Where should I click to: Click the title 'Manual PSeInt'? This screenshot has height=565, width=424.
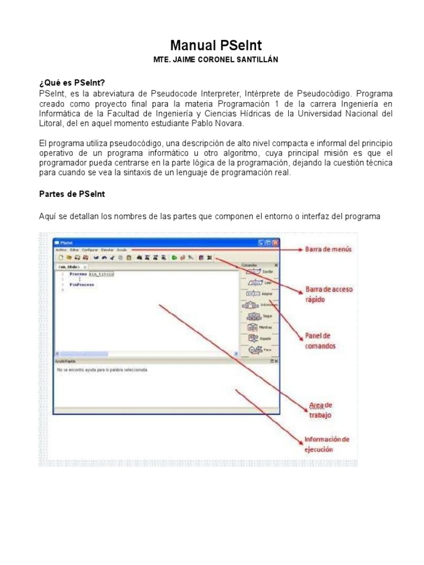coord(212,45)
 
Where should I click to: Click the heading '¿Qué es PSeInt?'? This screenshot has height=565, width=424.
coord(71,82)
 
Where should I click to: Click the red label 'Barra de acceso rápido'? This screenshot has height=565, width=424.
coord(328,294)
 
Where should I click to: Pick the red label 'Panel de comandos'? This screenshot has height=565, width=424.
coord(320,340)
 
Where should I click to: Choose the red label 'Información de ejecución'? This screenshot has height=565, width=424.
coord(326,444)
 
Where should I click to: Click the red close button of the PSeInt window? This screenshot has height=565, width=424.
coord(275,242)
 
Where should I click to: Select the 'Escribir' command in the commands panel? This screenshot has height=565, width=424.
coord(260,271)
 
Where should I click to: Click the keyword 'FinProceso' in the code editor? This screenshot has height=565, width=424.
coord(81,284)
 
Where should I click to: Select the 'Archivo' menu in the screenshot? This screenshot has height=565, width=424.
coord(61,250)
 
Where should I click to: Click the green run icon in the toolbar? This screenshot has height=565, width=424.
coord(173,257)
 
